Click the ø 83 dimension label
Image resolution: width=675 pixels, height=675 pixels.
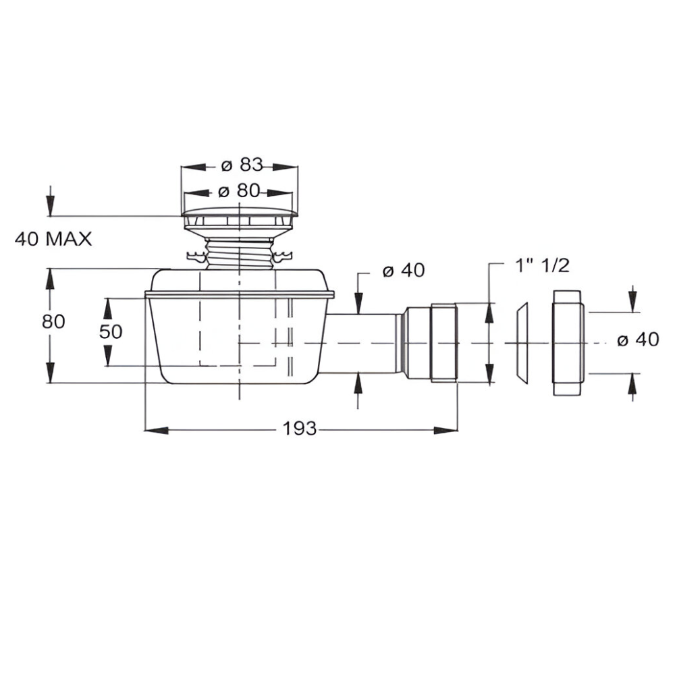click(x=242, y=165)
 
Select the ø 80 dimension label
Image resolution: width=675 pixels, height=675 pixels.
click(x=240, y=191)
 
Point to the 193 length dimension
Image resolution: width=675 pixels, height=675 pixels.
click(x=299, y=429)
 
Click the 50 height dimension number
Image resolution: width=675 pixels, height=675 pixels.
click(x=111, y=331)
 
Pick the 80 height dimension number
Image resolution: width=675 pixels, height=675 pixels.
click(x=53, y=321)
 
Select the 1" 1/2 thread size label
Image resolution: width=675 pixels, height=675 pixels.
click(x=543, y=265)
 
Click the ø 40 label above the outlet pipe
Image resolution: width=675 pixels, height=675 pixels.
click(x=404, y=271)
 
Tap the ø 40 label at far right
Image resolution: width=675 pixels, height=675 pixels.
click(x=638, y=340)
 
